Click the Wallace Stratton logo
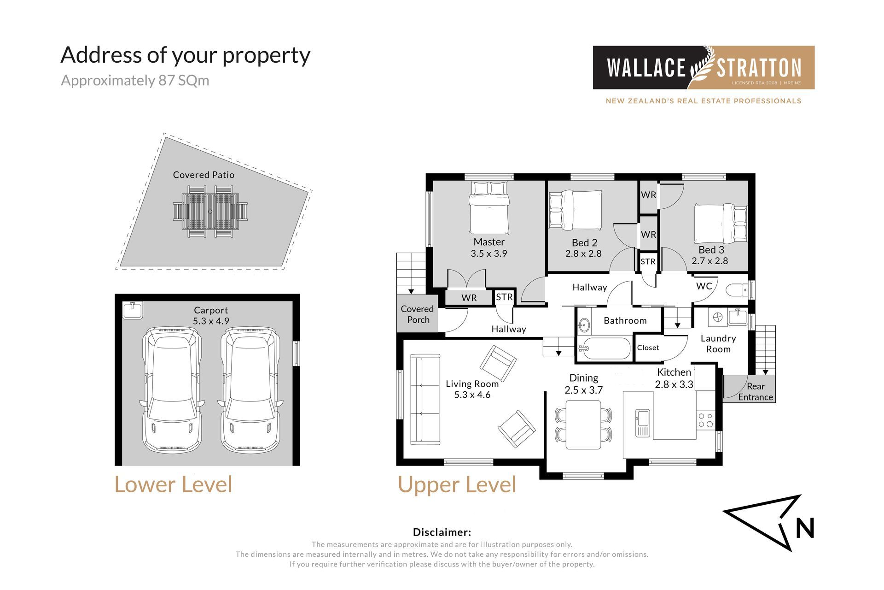point(704,67)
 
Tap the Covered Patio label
point(204,175)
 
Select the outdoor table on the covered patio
point(210,212)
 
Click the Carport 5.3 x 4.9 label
point(211,316)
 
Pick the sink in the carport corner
point(133,310)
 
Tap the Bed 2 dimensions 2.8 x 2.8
point(583,254)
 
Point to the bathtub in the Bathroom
point(605,348)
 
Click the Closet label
point(648,348)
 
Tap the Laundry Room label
point(718,344)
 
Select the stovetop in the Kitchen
point(705,420)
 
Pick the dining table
point(583,425)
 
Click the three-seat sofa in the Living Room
point(425,400)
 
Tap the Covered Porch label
point(418,314)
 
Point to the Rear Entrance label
point(756,392)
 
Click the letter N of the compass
point(805,528)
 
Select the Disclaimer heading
point(442,532)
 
